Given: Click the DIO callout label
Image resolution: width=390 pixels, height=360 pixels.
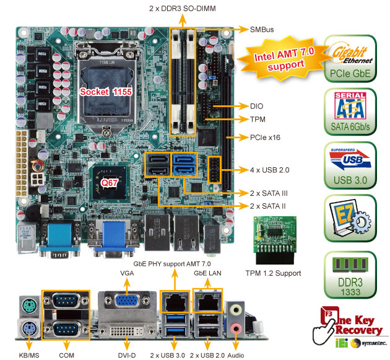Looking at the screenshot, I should [x=256, y=106].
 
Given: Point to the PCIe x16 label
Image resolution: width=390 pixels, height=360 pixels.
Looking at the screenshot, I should [x=265, y=137].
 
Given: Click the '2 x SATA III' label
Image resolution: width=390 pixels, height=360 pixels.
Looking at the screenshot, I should [x=269, y=193].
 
